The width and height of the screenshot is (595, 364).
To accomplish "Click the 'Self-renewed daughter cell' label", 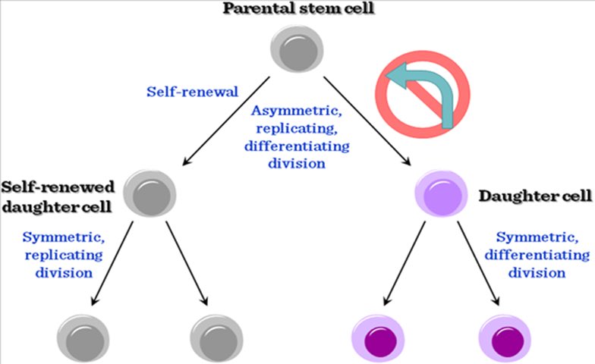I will pos(58,195).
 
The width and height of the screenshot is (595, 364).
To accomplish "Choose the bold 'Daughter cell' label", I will pos(536,196).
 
